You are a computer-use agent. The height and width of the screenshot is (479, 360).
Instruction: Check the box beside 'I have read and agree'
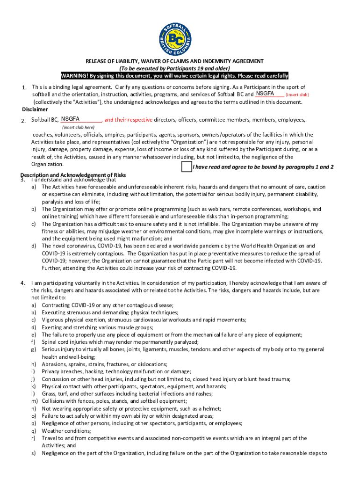click(x=186, y=167)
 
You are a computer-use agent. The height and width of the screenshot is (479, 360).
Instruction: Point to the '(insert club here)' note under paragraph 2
click(x=78, y=127)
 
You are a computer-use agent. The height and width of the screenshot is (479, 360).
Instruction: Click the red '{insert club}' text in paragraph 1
click(x=297, y=94)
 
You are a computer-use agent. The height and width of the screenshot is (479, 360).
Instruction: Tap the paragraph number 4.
click(x=22, y=283)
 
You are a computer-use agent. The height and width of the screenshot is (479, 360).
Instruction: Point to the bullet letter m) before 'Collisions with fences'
click(x=35, y=401)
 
